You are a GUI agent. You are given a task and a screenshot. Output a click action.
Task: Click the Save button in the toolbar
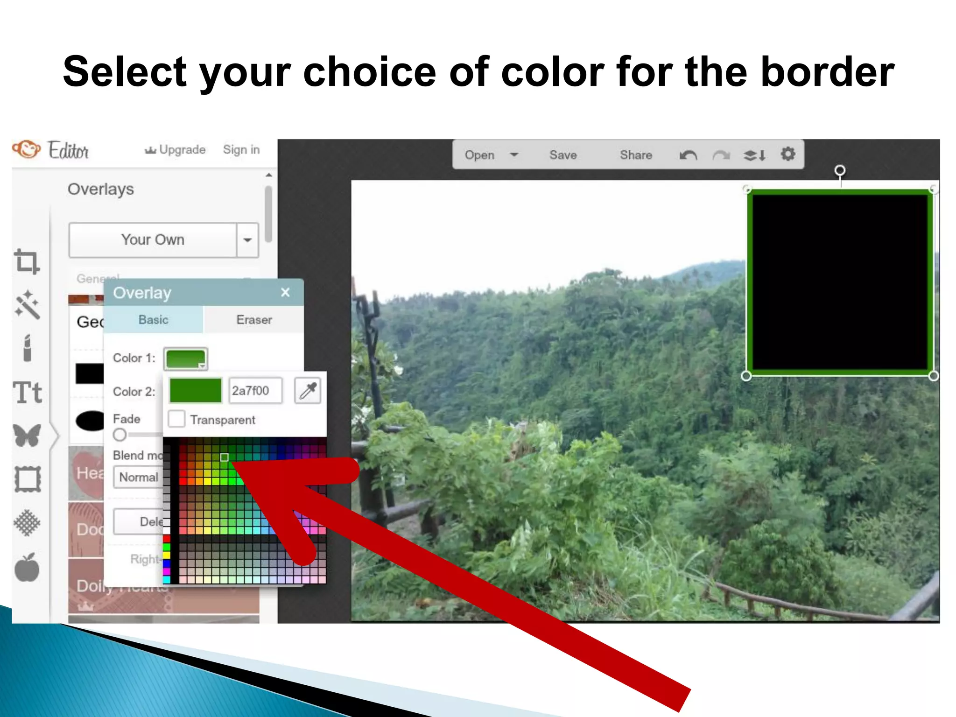[x=563, y=155]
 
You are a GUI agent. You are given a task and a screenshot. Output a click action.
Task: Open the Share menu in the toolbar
[x=636, y=155]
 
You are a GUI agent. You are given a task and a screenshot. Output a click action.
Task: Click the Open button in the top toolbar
[x=479, y=155]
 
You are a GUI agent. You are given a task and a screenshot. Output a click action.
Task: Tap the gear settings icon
[x=788, y=154]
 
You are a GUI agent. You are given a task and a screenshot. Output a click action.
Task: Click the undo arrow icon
[x=688, y=155]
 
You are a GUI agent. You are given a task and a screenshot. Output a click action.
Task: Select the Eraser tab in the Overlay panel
[x=254, y=320]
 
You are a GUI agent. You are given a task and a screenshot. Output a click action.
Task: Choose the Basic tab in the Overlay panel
[x=153, y=320]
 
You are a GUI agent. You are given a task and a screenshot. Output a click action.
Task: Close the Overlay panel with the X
[x=285, y=293]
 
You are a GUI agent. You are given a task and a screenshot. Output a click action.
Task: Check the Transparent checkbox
[x=177, y=419]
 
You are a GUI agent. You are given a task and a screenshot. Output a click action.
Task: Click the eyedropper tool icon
[x=308, y=391]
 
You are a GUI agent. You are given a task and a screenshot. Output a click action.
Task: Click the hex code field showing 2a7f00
[x=255, y=391]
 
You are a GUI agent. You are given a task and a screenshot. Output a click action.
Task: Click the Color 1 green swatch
[x=185, y=358]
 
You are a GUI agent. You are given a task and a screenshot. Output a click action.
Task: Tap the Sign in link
[x=241, y=150]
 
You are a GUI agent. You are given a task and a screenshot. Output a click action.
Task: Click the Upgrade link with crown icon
[x=176, y=150]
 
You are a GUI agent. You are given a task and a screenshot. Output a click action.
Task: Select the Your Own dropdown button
[x=153, y=240]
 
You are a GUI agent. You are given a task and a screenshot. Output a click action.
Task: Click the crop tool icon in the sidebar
[x=27, y=261]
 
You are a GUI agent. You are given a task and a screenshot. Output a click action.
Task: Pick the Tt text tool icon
[x=28, y=393]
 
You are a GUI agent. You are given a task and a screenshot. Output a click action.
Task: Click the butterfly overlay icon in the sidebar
[x=27, y=436]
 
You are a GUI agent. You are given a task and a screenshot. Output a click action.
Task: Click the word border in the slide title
[x=827, y=72]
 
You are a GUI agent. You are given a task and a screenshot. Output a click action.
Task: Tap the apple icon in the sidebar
[x=27, y=568]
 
